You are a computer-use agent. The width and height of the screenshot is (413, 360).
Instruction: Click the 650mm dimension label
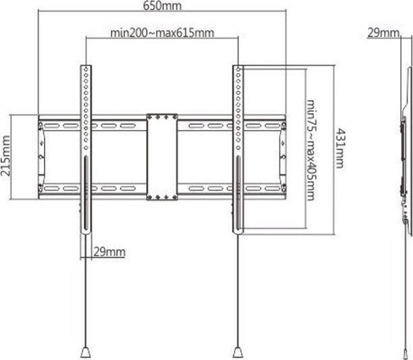tap(162, 6)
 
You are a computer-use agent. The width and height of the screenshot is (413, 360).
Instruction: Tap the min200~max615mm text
tap(162, 33)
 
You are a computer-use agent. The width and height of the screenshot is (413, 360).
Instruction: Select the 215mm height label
tap(6, 156)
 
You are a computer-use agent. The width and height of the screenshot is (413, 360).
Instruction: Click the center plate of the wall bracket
tap(162, 156)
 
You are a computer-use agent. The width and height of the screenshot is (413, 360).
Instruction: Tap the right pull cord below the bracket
tap(238, 291)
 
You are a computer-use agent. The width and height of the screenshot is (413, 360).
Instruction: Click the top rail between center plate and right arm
tap(206, 126)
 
